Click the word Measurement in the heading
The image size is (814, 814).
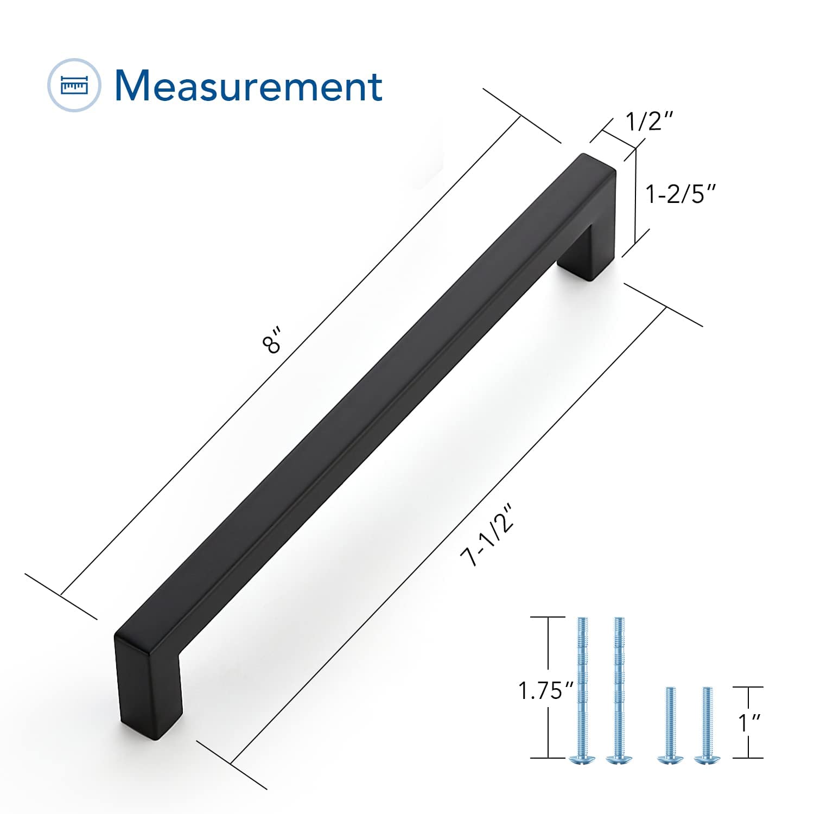tap(249, 85)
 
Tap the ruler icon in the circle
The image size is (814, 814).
tap(74, 85)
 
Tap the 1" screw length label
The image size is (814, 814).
tap(749, 723)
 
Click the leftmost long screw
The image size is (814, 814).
tap(582, 690)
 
